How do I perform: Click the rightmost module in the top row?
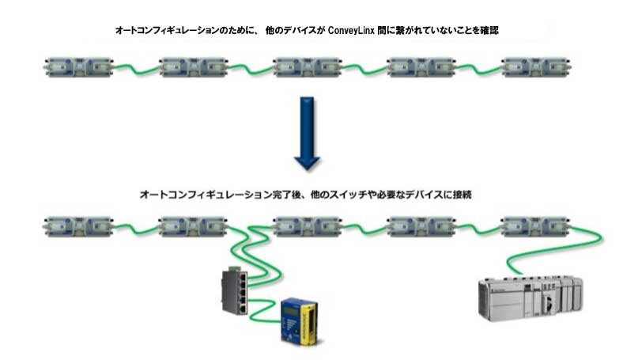[x=534, y=66]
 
